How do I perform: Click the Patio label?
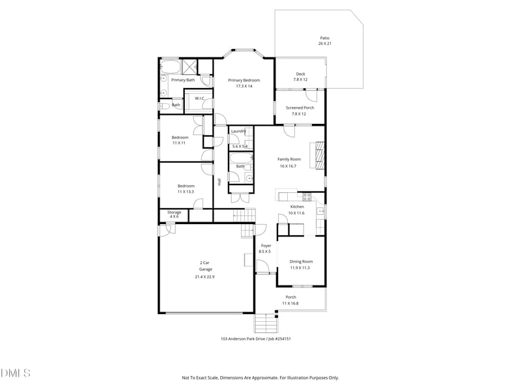(x=325, y=38)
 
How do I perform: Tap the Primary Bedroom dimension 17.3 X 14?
(x=244, y=86)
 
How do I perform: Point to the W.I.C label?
(x=200, y=98)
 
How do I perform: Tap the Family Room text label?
(x=289, y=159)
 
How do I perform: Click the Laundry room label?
(x=238, y=131)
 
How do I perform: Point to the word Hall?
(x=220, y=181)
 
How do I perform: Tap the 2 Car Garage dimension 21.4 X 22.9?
(x=204, y=276)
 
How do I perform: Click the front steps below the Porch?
(x=264, y=323)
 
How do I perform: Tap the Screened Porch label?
(x=300, y=108)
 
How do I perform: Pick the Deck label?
(x=300, y=74)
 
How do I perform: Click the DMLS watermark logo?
(x=16, y=373)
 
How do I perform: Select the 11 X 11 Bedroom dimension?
(x=180, y=143)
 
